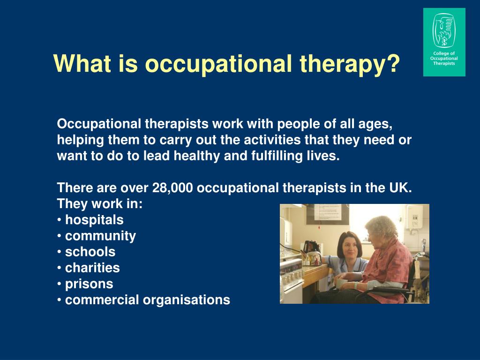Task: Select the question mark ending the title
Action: point(394,64)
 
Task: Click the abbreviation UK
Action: point(400,188)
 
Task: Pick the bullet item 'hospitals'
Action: point(94,220)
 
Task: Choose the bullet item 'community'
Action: point(100,236)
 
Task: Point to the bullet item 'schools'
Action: point(90,252)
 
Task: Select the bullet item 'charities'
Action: point(92,268)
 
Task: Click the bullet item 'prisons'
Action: point(89,284)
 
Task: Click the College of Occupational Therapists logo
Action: point(444,42)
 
